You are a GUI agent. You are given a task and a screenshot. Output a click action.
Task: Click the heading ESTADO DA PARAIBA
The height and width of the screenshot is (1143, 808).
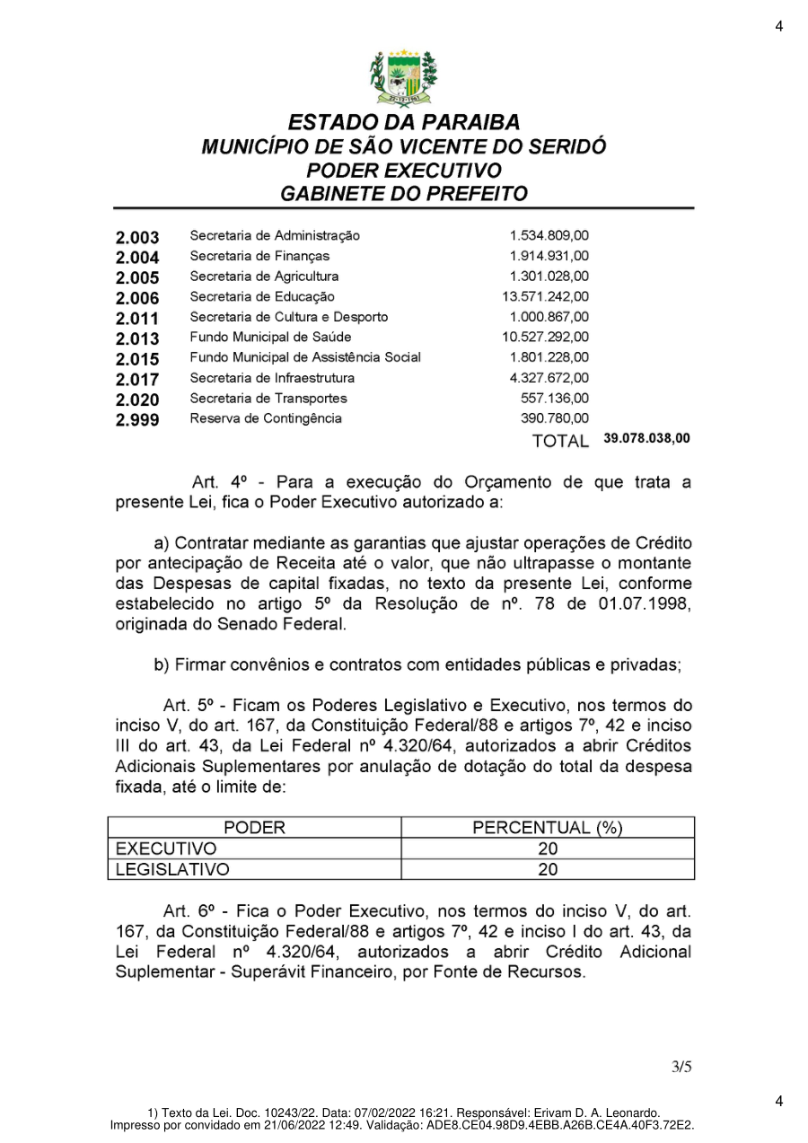[x=404, y=123]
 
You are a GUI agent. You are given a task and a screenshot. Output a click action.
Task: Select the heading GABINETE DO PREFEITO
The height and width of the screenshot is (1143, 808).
[x=404, y=193]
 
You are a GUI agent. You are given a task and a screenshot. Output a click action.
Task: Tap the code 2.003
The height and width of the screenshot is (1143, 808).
[x=137, y=238]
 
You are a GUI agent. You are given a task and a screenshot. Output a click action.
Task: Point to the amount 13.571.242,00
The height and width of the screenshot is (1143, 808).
[x=546, y=296]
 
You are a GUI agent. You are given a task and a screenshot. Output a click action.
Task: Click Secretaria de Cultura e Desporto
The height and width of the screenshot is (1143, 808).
[x=288, y=317]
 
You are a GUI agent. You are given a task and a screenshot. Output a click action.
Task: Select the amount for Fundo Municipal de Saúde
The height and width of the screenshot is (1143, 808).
[x=546, y=338]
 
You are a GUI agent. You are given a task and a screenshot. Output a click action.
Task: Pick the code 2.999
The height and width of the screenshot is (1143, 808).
[x=137, y=419]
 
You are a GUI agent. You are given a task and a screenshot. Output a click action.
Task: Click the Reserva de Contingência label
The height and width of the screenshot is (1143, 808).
[x=265, y=418]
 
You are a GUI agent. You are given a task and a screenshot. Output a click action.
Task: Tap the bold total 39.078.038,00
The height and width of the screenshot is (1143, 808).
[x=646, y=439]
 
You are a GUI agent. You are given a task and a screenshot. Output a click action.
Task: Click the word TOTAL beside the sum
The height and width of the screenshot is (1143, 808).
[x=560, y=441]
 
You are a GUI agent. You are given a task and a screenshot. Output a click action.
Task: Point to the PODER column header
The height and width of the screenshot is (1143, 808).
[x=254, y=828]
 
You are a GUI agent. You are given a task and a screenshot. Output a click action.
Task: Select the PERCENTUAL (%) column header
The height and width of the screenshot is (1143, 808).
[x=548, y=828]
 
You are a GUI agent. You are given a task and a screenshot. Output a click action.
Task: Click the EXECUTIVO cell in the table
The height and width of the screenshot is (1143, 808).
[x=167, y=848]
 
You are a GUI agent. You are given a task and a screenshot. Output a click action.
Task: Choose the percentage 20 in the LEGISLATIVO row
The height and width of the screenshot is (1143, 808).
[x=548, y=869]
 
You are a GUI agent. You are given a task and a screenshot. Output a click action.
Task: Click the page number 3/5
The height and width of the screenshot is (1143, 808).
[x=681, y=1067]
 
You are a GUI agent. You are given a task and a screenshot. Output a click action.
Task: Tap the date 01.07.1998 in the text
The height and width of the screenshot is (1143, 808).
[x=645, y=604]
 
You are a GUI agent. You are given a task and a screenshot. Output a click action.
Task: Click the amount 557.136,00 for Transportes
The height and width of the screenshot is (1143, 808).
[x=555, y=398]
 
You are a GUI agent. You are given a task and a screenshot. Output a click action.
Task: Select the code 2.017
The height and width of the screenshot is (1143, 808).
[x=137, y=379]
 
